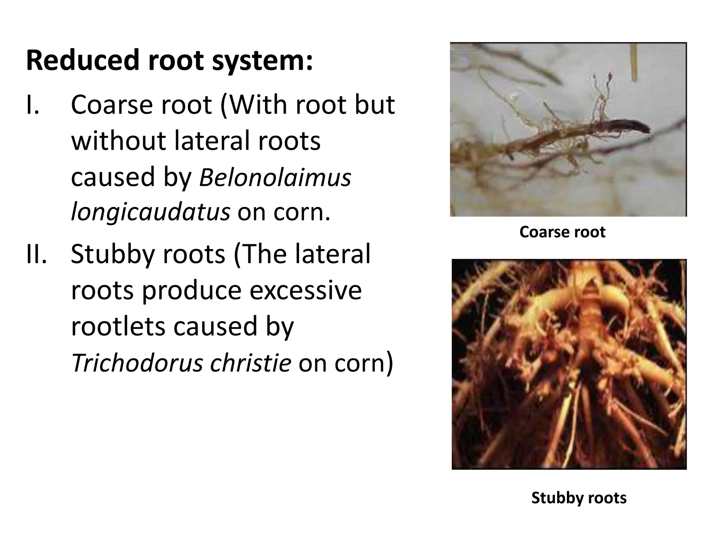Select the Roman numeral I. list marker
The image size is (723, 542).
tap(33, 105)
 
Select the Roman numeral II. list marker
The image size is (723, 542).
tap(37, 254)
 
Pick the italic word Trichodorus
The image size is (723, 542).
tap(137, 363)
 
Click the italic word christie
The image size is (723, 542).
tap(251, 363)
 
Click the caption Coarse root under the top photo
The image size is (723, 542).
tap(562, 232)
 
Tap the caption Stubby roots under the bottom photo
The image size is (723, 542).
tap(579, 498)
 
